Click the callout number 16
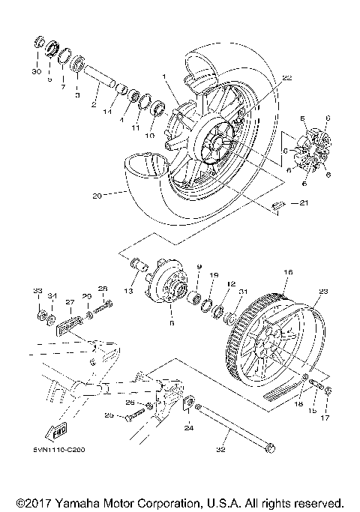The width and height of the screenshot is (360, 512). [287, 273]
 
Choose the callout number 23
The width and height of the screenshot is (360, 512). [323, 293]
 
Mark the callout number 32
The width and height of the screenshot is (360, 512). [220, 450]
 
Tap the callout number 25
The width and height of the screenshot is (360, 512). [109, 415]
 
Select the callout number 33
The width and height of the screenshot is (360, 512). [37, 290]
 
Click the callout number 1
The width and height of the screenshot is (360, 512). [160, 76]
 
